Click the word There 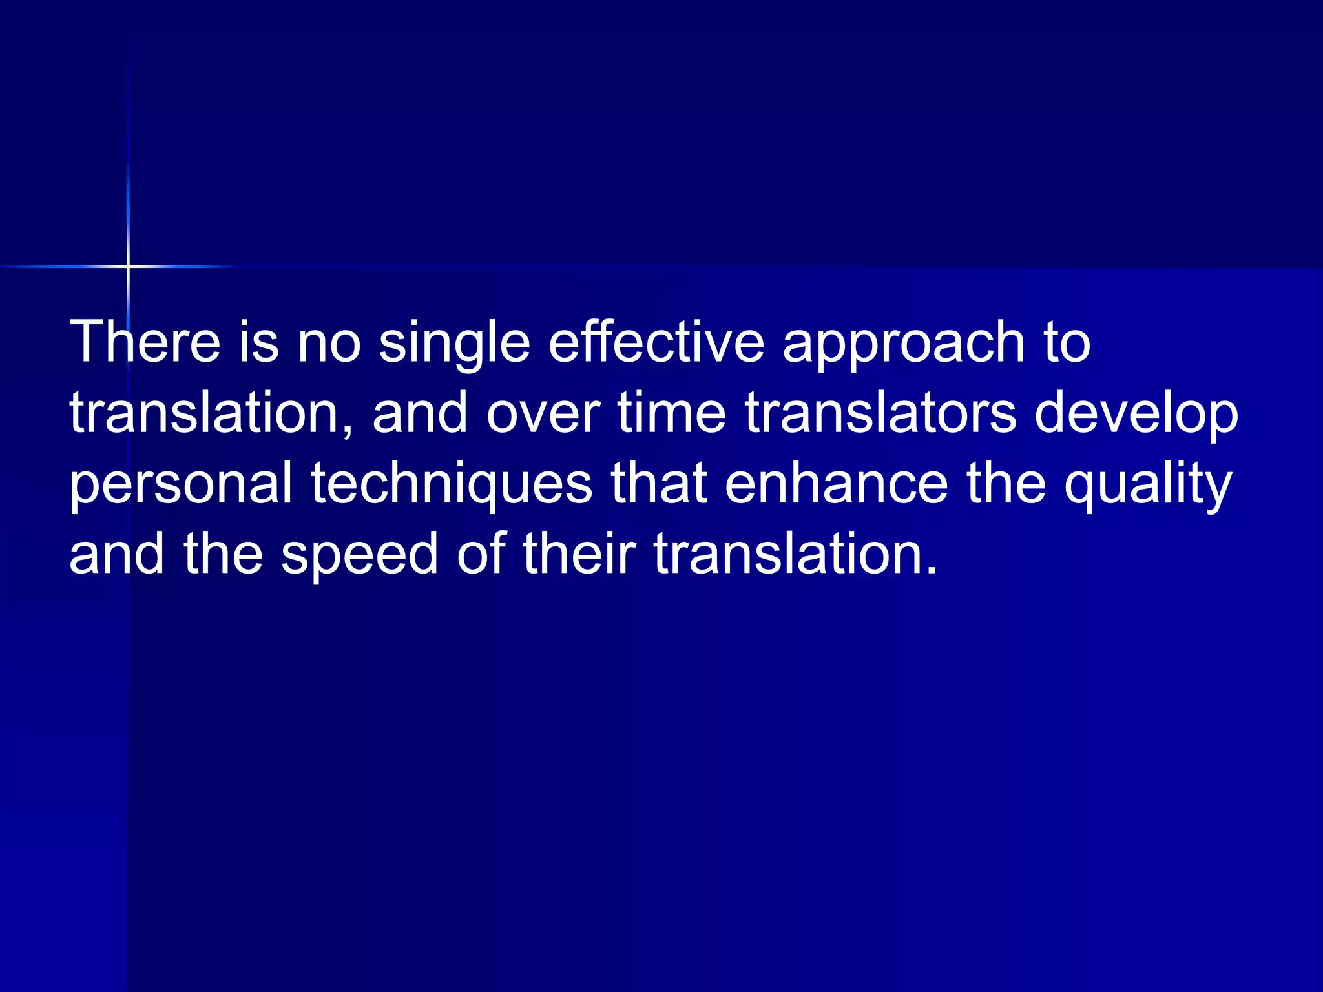pos(145,342)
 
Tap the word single pos(454,343)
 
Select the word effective pos(656,342)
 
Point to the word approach pos(903,343)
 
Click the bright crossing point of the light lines pos(128,266)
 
